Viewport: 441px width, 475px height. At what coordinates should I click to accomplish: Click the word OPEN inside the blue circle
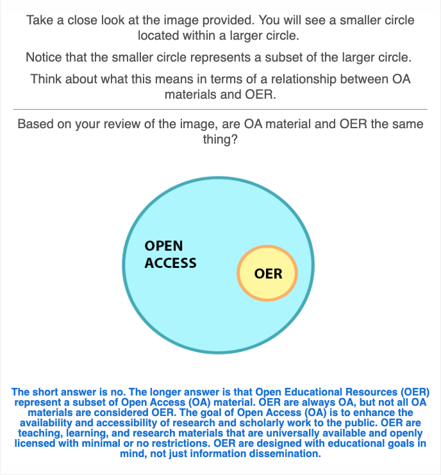163,246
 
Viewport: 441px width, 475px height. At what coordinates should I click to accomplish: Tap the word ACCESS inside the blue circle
171,263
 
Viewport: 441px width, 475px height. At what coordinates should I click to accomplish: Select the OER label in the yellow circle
268,274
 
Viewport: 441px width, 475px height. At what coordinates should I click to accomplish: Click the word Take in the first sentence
40,21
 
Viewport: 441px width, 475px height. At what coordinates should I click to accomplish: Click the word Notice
45,58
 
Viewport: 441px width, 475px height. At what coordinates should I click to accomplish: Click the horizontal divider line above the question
220,109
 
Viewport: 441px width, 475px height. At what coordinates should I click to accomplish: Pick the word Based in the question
36,124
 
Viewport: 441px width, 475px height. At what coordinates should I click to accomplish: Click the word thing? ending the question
220,139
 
